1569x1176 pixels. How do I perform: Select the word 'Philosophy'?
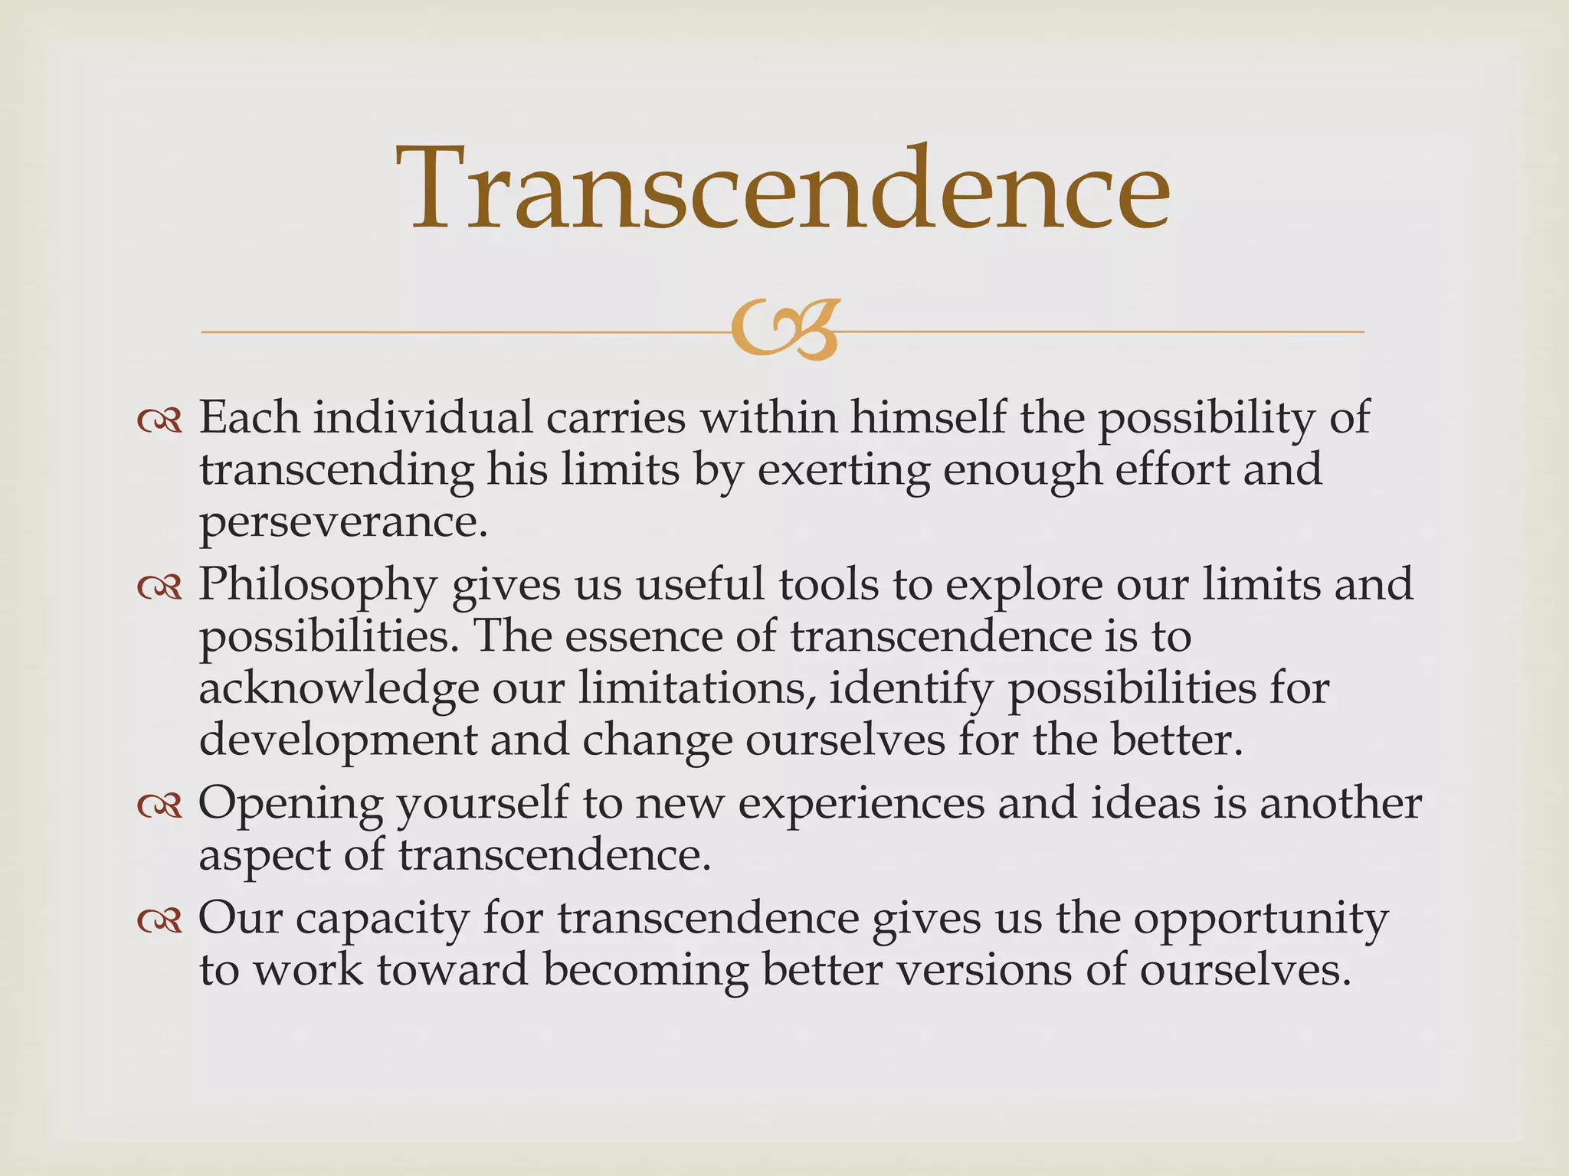click(x=318, y=586)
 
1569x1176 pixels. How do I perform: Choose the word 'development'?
click(x=338, y=741)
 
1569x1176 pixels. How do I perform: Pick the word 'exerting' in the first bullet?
click(x=843, y=469)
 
